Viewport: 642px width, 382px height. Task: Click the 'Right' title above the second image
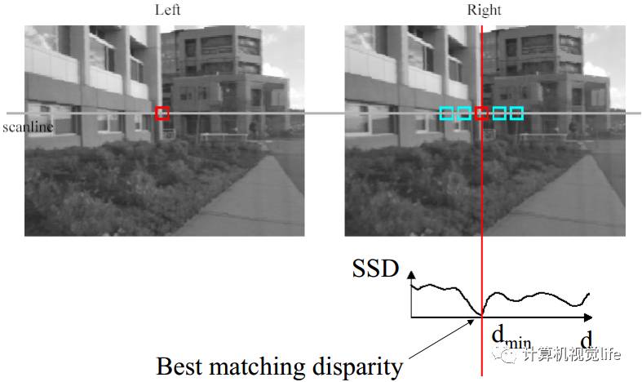click(x=484, y=10)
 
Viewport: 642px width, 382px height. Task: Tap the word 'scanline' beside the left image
click(x=27, y=127)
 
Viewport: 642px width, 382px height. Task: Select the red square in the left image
click(x=162, y=113)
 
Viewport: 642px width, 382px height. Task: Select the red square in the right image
click(x=482, y=113)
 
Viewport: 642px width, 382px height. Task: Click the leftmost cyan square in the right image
click(x=446, y=113)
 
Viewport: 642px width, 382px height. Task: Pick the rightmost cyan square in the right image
click(x=516, y=113)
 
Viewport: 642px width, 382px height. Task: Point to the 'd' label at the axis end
click(x=586, y=338)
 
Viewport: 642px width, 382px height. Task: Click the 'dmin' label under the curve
click(x=507, y=338)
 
